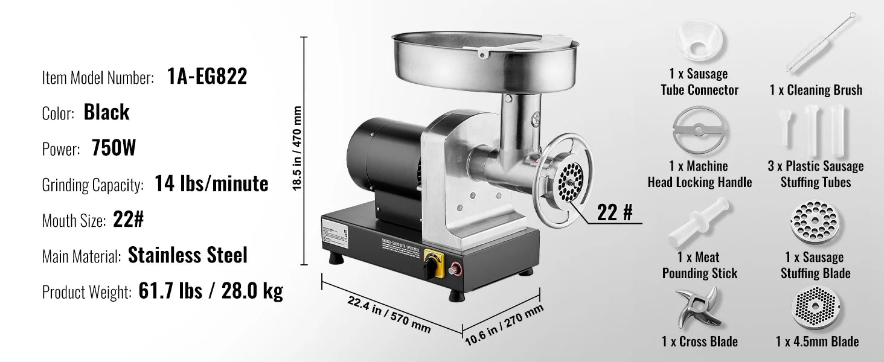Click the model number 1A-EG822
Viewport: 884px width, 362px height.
click(x=206, y=77)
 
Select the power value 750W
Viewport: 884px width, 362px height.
click(x=114, y=148)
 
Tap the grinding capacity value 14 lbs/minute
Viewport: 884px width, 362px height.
click(x=211, y=183)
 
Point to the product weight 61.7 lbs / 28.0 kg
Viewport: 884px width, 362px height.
click(x=210, y=291)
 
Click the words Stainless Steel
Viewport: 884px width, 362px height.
click(x=188, y=255)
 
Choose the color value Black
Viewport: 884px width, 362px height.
click(x=106, y=113)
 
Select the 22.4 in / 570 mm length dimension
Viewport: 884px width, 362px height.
click(x=389, y=314)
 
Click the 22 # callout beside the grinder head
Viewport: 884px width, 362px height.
click(x=615, y=212)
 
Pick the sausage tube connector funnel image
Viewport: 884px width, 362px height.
click(x=699, y=42)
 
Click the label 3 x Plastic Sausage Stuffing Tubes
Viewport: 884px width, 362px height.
click(x=816, y=174)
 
